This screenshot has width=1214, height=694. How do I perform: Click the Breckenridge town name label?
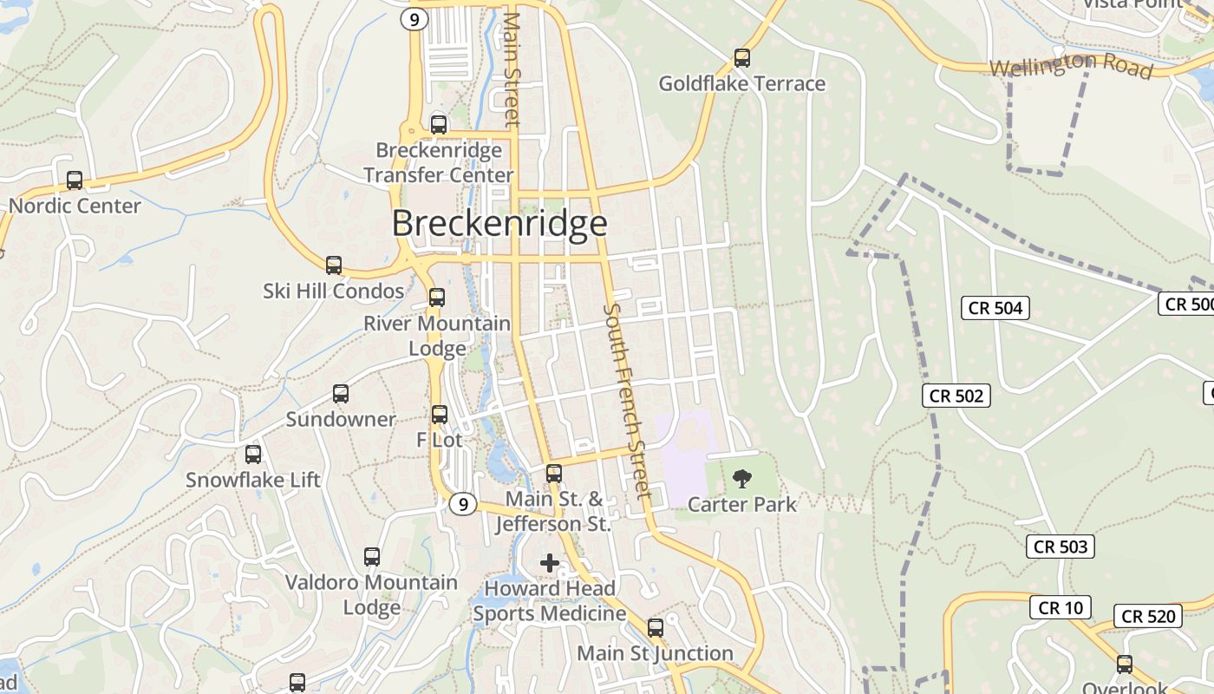(x=499, y=224)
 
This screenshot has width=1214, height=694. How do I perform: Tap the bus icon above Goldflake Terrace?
(x=741, y=58)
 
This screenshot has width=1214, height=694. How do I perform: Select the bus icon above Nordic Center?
(x=75, y=180)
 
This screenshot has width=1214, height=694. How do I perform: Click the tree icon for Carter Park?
(x=741, y=478)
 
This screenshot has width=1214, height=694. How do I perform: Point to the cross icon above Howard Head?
(x=550, y=563)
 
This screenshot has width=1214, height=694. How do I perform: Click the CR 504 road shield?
(x=995, y=307)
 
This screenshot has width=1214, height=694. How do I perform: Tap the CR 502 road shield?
(x=956, y=396)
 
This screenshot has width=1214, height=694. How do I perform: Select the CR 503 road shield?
(x=1061, y=547)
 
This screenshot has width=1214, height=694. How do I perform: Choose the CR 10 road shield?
(x=1060, y=607)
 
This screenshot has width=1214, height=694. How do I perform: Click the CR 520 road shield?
(x=1148, y=616)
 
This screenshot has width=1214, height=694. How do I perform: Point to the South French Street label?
(x=627, y=401)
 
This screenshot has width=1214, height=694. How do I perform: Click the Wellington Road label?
(x=1071, y=65)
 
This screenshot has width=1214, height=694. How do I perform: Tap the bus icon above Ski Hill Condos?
(x=334, y=265)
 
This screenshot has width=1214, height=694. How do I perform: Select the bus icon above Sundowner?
(x=341, y=394)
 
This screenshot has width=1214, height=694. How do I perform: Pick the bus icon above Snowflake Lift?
(x=253, y=454)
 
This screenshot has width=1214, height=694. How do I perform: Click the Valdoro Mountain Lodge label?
(x=371, y=594)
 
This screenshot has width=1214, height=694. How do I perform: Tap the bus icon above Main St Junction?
(x=656, y=627)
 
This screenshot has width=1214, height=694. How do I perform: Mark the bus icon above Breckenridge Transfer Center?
(x=439, y=124)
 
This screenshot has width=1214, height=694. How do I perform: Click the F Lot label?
(x=440, y=440)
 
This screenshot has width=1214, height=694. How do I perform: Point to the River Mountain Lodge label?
(x=437, y=336)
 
